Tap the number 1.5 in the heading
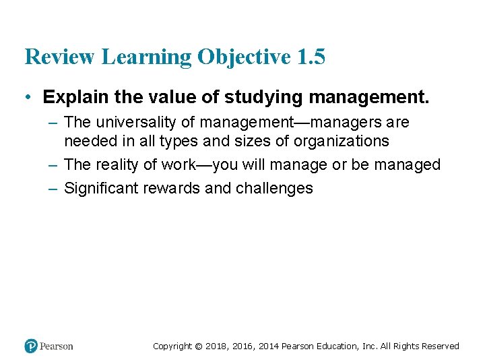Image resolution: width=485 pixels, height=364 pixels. [311, 57]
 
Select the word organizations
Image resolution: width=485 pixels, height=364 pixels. [342, 141]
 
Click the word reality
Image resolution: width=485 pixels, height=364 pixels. [119, 164]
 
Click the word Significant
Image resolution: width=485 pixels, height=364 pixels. [101, 188]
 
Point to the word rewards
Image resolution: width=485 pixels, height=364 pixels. [172, 188]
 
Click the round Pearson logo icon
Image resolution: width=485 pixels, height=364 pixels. [30, 346]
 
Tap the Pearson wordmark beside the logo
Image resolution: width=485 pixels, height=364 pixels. [57, 346]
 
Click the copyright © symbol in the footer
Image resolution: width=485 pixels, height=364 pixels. [198, 346]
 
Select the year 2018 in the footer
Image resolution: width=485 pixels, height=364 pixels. [217, 346]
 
